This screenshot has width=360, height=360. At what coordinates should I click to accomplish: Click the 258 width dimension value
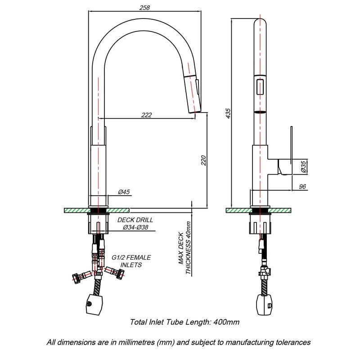[x=144, y=7]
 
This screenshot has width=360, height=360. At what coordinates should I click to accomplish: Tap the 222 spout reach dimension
[x=146, y=115]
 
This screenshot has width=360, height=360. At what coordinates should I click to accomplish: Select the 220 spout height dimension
[x=203, y=160]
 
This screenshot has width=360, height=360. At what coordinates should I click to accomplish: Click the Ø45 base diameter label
[x=124, y=192]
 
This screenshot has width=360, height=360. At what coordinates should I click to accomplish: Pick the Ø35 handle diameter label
[x=304, y=167]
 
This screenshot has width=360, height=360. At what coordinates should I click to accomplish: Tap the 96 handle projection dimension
[x=302, y=186]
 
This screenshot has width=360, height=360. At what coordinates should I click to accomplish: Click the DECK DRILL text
[x=135, y=220]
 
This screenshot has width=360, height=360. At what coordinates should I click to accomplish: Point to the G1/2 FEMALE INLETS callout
[x=131, y=261]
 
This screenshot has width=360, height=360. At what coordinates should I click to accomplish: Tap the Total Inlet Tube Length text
[x=184, y=322]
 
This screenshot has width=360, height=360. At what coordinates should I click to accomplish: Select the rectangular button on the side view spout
[x=260, y=85]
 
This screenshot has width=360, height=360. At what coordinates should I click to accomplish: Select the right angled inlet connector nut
[x=121, y=274]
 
